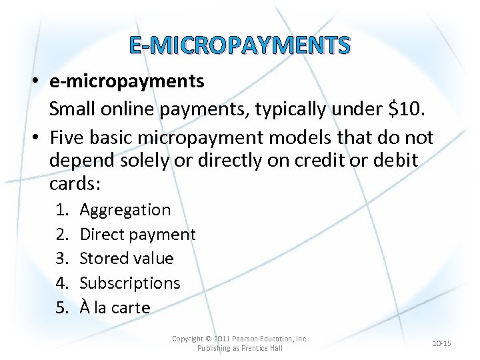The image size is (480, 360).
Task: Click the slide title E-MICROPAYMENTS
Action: (x=239, y=45)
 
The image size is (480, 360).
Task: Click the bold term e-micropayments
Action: (x=127, y=81)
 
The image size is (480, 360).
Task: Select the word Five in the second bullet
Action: (x=67, y=138)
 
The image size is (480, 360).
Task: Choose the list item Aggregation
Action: (x=125, y=210)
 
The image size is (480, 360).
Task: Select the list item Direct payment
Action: (x=137, y=234)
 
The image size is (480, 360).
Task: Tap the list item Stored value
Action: (x=127, y=258)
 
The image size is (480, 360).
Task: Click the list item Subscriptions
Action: (x=130, y=283)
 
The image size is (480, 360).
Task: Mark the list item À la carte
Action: (x=115, y=308)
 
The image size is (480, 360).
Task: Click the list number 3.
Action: (x=62, y=258)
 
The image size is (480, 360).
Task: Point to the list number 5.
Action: (x=62, y=308)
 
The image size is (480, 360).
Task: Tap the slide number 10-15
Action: (x=441, y=343)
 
